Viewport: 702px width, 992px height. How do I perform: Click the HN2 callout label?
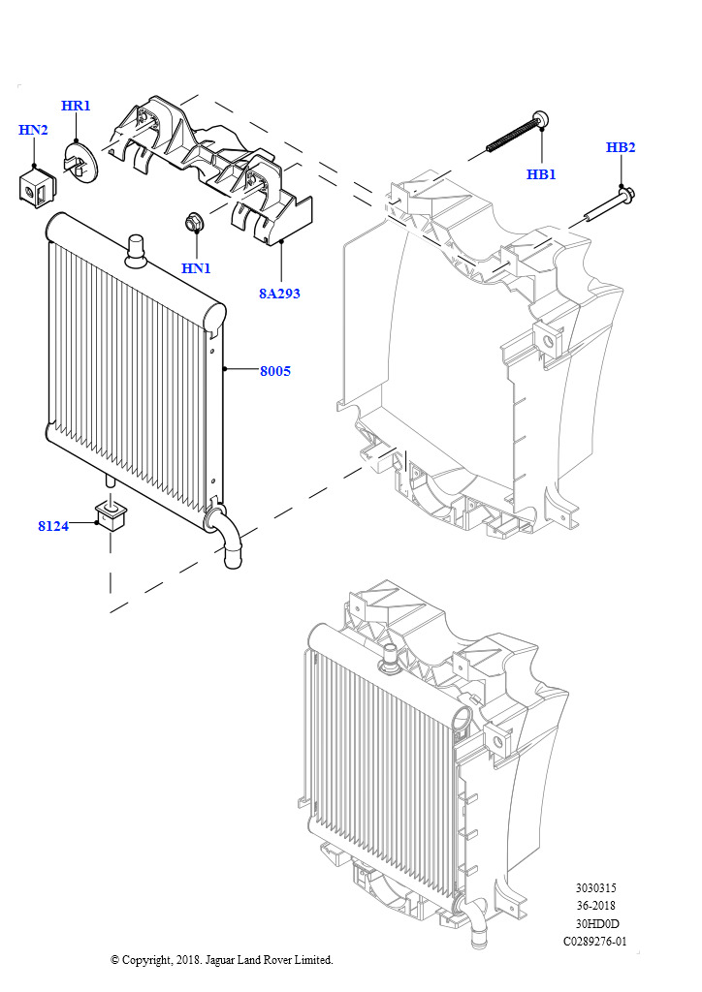(33, 130)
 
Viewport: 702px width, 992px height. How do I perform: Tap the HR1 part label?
(76, 106)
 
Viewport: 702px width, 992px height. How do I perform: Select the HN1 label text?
(196, 268)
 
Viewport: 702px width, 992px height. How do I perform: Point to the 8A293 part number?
(279, 294)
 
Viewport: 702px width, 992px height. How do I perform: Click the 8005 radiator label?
(275, 371)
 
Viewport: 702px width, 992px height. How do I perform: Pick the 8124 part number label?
(53, 526)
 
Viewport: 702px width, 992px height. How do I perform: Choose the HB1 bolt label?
(541, 174)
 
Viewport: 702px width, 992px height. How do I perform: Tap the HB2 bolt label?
(621, 147)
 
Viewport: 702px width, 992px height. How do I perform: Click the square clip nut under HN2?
(36, 187)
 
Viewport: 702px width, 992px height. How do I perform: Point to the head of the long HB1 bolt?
(541, 117)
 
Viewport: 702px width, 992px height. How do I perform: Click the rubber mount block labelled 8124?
(111, 516)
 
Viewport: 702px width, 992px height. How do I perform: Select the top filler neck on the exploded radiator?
(136, 251)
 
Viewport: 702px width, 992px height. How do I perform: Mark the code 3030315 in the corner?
(595, 887)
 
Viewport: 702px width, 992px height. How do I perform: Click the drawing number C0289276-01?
(595, 942)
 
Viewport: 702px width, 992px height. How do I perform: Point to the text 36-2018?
(595, 906)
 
